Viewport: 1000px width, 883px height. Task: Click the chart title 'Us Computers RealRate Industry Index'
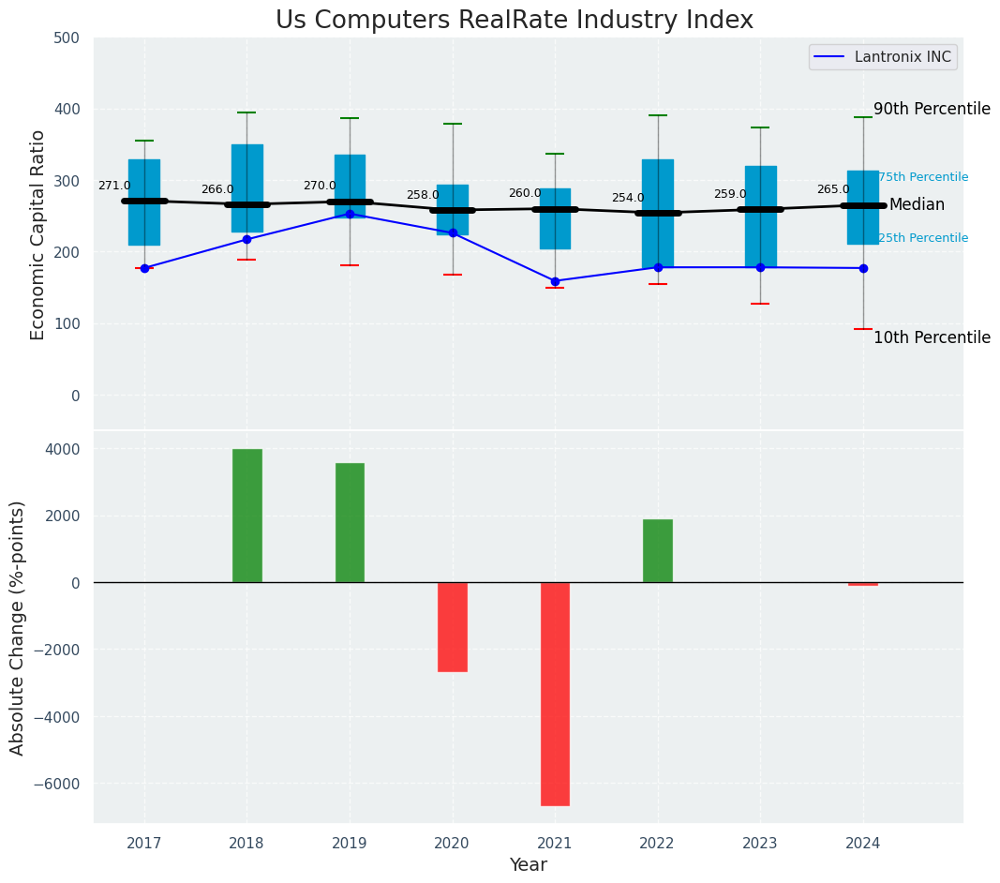point(514,21)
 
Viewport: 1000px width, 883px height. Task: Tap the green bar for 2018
point(247,516)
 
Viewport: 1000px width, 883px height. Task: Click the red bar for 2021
point(555,694)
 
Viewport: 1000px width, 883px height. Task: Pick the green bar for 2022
point(658,551)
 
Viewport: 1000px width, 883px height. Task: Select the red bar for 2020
point(453,626)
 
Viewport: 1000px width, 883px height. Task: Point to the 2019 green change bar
point(350,523)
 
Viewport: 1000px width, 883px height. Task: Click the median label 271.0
point(114,187)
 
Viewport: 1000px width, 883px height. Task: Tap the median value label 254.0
point(628,199)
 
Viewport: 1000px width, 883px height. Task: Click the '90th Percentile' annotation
point(932,110)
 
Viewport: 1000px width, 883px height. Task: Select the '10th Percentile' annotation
point(932,338)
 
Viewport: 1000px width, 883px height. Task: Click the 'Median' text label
point(917,205)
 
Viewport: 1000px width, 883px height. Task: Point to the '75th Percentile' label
point(923,178)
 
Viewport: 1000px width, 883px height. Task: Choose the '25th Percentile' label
point(923,239)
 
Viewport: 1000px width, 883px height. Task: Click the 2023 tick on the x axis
point(760,844)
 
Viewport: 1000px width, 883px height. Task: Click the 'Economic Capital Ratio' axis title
point(38,235)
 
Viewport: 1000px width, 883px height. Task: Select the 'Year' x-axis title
point(529,865)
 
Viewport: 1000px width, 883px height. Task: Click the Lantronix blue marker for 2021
point(555,281)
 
